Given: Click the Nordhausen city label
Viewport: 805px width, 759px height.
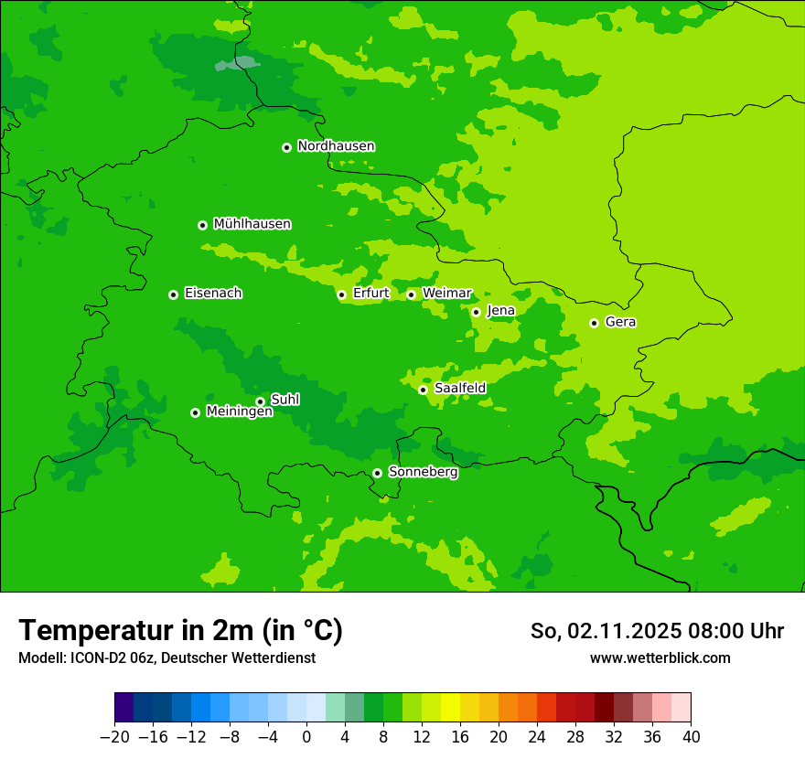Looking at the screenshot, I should [x=336, y=146].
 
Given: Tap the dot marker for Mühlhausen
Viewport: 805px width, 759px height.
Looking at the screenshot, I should [x=202, y=225].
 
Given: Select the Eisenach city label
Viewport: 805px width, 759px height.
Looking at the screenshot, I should [x=213, y=294].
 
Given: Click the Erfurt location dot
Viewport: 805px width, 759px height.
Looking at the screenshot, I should [x=341, y=294].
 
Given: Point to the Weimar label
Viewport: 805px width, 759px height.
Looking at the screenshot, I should [x=446, y=294].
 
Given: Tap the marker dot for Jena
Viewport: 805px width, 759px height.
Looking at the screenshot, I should [x=476, y=312].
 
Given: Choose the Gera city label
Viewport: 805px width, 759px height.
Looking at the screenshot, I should [x=620, y=322].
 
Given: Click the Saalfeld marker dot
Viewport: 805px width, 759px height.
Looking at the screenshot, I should [x=423, y=390].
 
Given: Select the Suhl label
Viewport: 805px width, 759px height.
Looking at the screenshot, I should [x=284, y=400].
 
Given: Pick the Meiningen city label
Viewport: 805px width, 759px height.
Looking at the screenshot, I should [x=239, y=412].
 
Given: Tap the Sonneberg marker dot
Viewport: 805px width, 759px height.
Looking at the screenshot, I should [x=377, y=473].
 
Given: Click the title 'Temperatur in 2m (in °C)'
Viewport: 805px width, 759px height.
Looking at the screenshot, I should [x=180, y=631].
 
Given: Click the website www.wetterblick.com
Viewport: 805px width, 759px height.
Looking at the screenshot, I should [x=660, y=658].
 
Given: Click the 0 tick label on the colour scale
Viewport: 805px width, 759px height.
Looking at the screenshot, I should [x=306, y=737].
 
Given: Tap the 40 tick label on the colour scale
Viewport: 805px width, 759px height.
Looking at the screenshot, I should [x=691, y=737].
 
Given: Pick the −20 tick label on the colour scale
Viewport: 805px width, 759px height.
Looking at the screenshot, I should [x=114, y=737].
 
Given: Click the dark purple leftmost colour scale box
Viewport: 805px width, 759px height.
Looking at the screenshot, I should [x=123, y=708].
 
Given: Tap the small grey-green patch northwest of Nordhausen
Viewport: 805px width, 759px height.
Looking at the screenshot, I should [x=237, y=64].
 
